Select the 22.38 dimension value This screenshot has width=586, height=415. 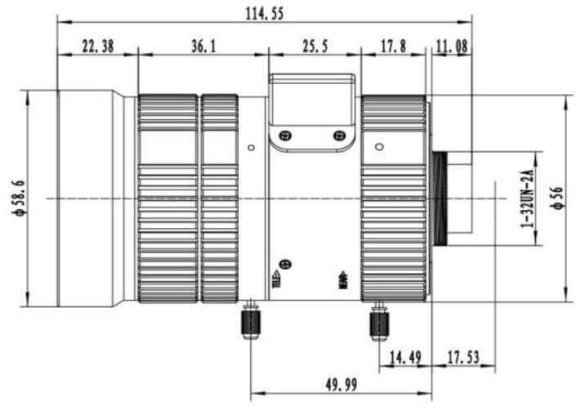pyautogui.click(x=97, y=47)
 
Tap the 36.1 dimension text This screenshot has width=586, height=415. pyautogui.click(x=204, y=47)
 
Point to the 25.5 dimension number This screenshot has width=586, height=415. pyautogui.click(x=315, y=47)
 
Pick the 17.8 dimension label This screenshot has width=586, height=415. pyautogui.click(x=393, y=47)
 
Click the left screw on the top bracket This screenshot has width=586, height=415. pyautogui.click(x=284, y=136)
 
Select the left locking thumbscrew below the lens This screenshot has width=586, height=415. pyautogui.click(x=249, y=322)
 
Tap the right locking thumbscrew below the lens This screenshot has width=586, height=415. pyautogui.click(x=378, y=322)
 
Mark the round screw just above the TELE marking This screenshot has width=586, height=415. pyautogui.click(x=285, y=264)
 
